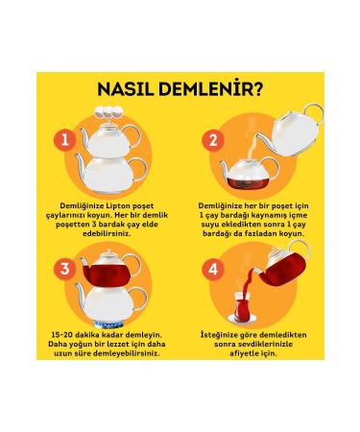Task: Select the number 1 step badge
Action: (65, 140)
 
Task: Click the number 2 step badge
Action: (213, 140)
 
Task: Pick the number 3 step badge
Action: (65, 269)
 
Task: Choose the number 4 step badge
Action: (213, 269)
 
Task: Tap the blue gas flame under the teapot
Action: (108, 325)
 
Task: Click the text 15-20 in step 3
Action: (62, 335)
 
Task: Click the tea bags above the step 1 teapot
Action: (108, 111)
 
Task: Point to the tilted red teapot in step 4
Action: (283, 266)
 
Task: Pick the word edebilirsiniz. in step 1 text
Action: (107, 233)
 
